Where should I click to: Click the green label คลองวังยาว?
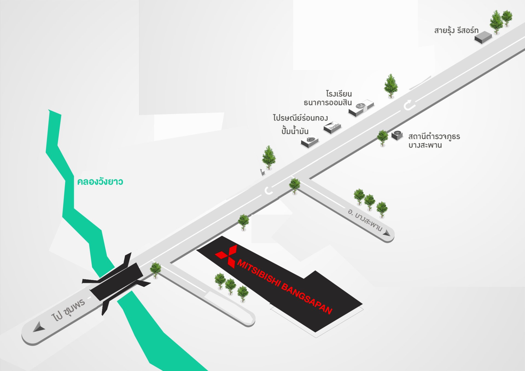coord(100,182)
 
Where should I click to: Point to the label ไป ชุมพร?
coord(68,310)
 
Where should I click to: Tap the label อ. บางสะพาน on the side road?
coord(365,220)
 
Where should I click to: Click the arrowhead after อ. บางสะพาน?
coord(387,233)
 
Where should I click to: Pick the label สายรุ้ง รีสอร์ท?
coord(456,30)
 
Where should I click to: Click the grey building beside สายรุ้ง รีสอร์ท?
coord(483,37)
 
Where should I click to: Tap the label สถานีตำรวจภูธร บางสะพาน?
coord(434,141)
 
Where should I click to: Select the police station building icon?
coord(397,135)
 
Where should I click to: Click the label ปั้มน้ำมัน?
coord(295,131)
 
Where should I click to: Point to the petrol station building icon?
coord(310,142)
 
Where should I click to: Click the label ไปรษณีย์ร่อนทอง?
coord(300,118)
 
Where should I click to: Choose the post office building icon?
coord(332,128)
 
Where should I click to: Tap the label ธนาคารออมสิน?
coord(328,103)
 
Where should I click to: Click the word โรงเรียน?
coord(339,94)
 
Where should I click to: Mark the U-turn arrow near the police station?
coord(409,105)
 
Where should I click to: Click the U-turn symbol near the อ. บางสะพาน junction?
coord(268,191)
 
